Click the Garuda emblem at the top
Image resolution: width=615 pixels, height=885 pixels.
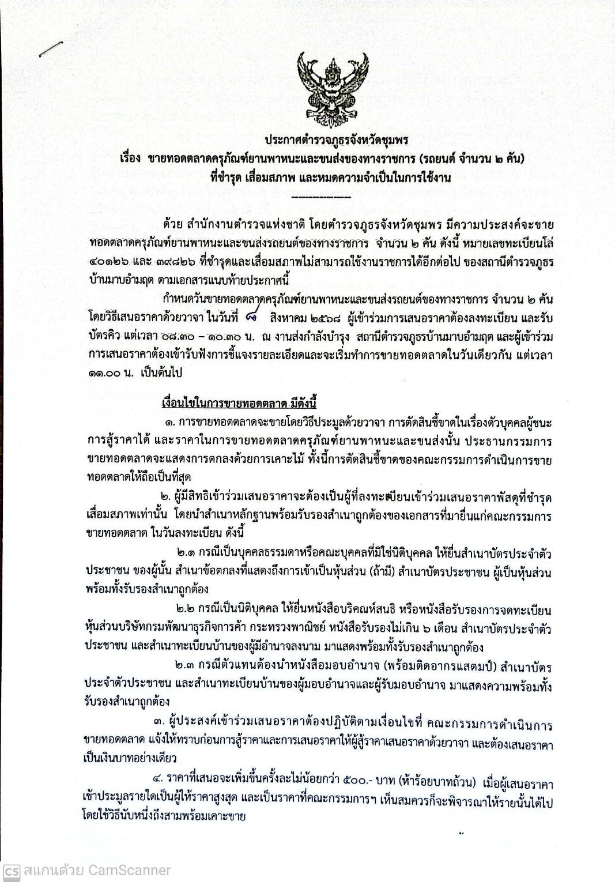(x=324, y=86)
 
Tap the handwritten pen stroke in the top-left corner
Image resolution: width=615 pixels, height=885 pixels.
(x=51, y=49)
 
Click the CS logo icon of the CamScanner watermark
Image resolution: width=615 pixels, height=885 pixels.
(x=11, y=871)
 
